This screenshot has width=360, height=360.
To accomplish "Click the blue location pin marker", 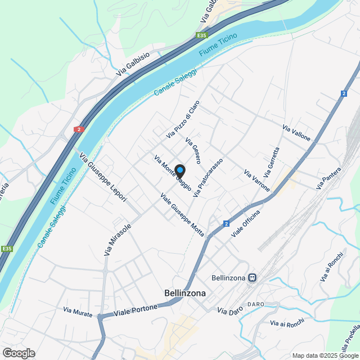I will point(179,170).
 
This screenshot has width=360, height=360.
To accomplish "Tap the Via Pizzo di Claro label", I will point(183,119).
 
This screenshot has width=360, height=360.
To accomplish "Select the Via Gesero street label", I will point(193,150).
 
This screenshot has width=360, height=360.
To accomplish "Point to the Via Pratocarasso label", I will point(208,177).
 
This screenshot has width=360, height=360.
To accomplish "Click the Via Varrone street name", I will point(256,179).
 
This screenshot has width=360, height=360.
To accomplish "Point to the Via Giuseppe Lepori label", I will point(103,177).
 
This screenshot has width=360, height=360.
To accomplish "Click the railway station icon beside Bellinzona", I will point(253,277).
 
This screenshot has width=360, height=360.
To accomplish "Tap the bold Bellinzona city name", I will point(185,293).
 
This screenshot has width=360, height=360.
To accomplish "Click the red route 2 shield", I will point(78,129).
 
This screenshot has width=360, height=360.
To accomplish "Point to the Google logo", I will point(19,353).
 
